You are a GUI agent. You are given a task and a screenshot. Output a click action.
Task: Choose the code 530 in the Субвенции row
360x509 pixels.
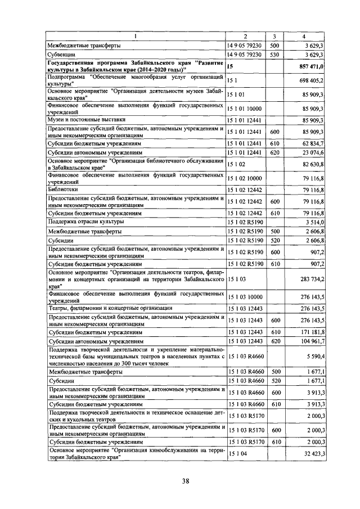274,55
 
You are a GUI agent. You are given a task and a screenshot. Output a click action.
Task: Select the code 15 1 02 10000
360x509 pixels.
245,179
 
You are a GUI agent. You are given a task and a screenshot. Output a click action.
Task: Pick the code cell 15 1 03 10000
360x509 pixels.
245,296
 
